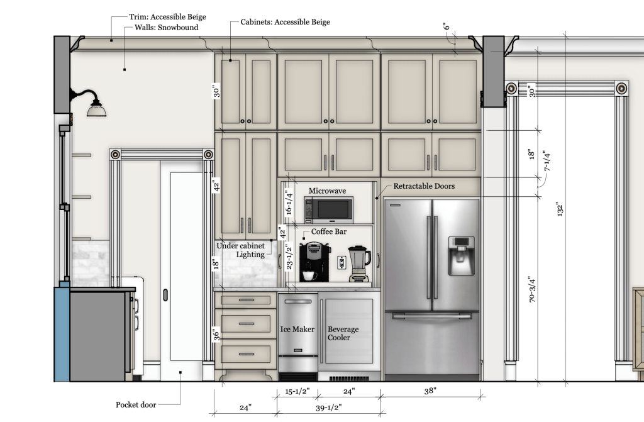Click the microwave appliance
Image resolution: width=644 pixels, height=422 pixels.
[328, 210]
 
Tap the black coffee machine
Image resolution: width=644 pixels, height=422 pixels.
[314, 262]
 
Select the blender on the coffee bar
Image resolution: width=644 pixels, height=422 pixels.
[359, 264]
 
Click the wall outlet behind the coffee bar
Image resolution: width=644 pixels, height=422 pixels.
[341, 262]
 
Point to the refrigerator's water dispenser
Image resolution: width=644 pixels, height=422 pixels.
[461, 255]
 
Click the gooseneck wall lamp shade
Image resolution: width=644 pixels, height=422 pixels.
[96, 109]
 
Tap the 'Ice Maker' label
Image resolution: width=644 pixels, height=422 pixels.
[297, 329]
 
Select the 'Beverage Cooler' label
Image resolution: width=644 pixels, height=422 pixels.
[343, 333]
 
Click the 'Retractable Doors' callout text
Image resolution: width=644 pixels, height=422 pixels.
[424, 186]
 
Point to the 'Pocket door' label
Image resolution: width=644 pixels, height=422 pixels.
[136, 405]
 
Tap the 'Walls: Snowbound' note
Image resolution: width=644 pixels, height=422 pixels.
[166, 28]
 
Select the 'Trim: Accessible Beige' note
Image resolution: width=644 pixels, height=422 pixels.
[167, 17]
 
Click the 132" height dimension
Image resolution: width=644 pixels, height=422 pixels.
[559, 209]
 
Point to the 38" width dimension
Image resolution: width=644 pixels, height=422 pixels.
[430, 391]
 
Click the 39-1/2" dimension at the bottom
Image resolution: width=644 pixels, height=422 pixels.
[328, 407]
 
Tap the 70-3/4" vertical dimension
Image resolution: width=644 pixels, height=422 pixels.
[532, 290]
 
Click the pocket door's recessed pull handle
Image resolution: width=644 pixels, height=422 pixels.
[165, 295]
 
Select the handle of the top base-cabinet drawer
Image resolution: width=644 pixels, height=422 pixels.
[246, 299]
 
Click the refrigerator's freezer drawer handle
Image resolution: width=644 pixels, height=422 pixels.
[431, 316]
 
